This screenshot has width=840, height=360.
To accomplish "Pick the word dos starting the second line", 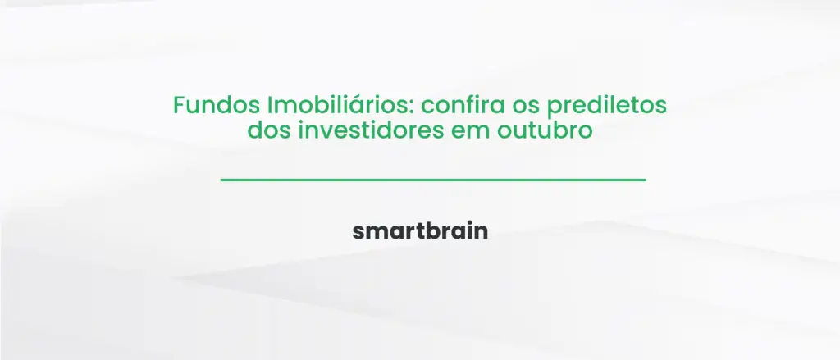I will [262, 130].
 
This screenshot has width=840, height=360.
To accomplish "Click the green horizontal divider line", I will [433, 179].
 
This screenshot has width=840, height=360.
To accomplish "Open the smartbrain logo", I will [420, 231].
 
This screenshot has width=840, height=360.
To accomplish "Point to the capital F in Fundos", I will [178, 107].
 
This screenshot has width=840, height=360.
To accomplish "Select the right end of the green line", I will [644, 179].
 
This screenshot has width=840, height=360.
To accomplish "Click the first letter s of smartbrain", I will [358, 233].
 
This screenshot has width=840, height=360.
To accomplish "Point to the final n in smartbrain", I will [482, 233].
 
